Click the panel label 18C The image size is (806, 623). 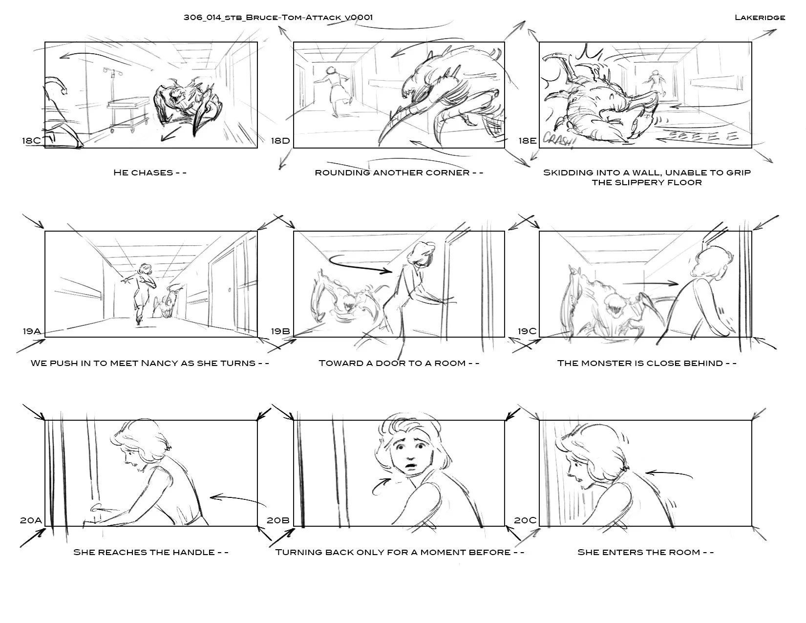31,141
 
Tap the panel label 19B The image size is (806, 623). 280,331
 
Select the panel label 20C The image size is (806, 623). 525,520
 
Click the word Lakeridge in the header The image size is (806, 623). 760,18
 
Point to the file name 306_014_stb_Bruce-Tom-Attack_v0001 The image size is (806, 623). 278,18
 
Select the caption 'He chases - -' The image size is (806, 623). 150,172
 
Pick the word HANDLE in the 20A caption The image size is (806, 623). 195,552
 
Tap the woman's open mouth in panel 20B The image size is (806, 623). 410,467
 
